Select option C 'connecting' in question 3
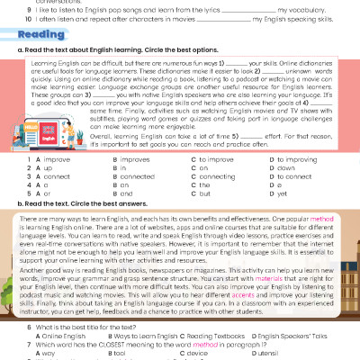pos(218,176)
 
